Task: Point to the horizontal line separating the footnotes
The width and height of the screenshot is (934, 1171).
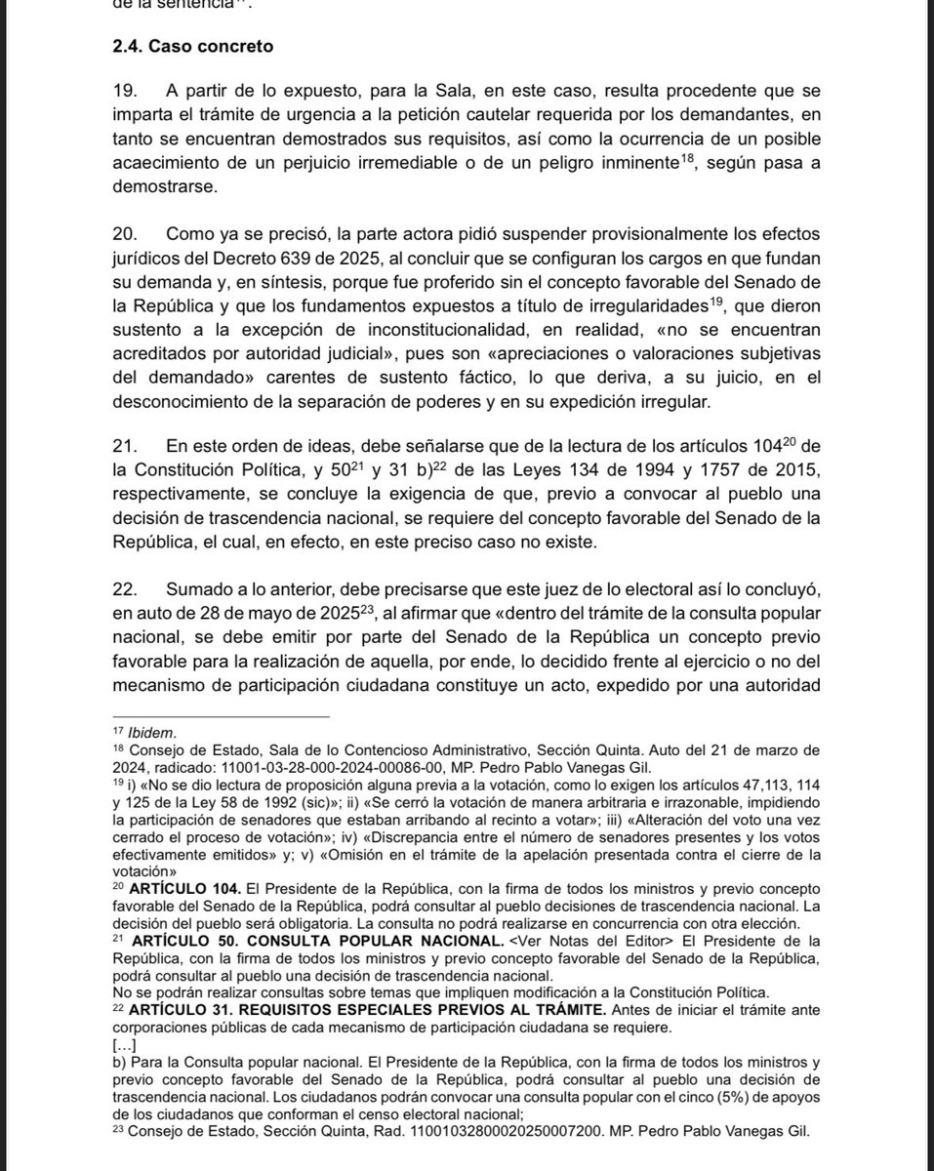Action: click(223, 717)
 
